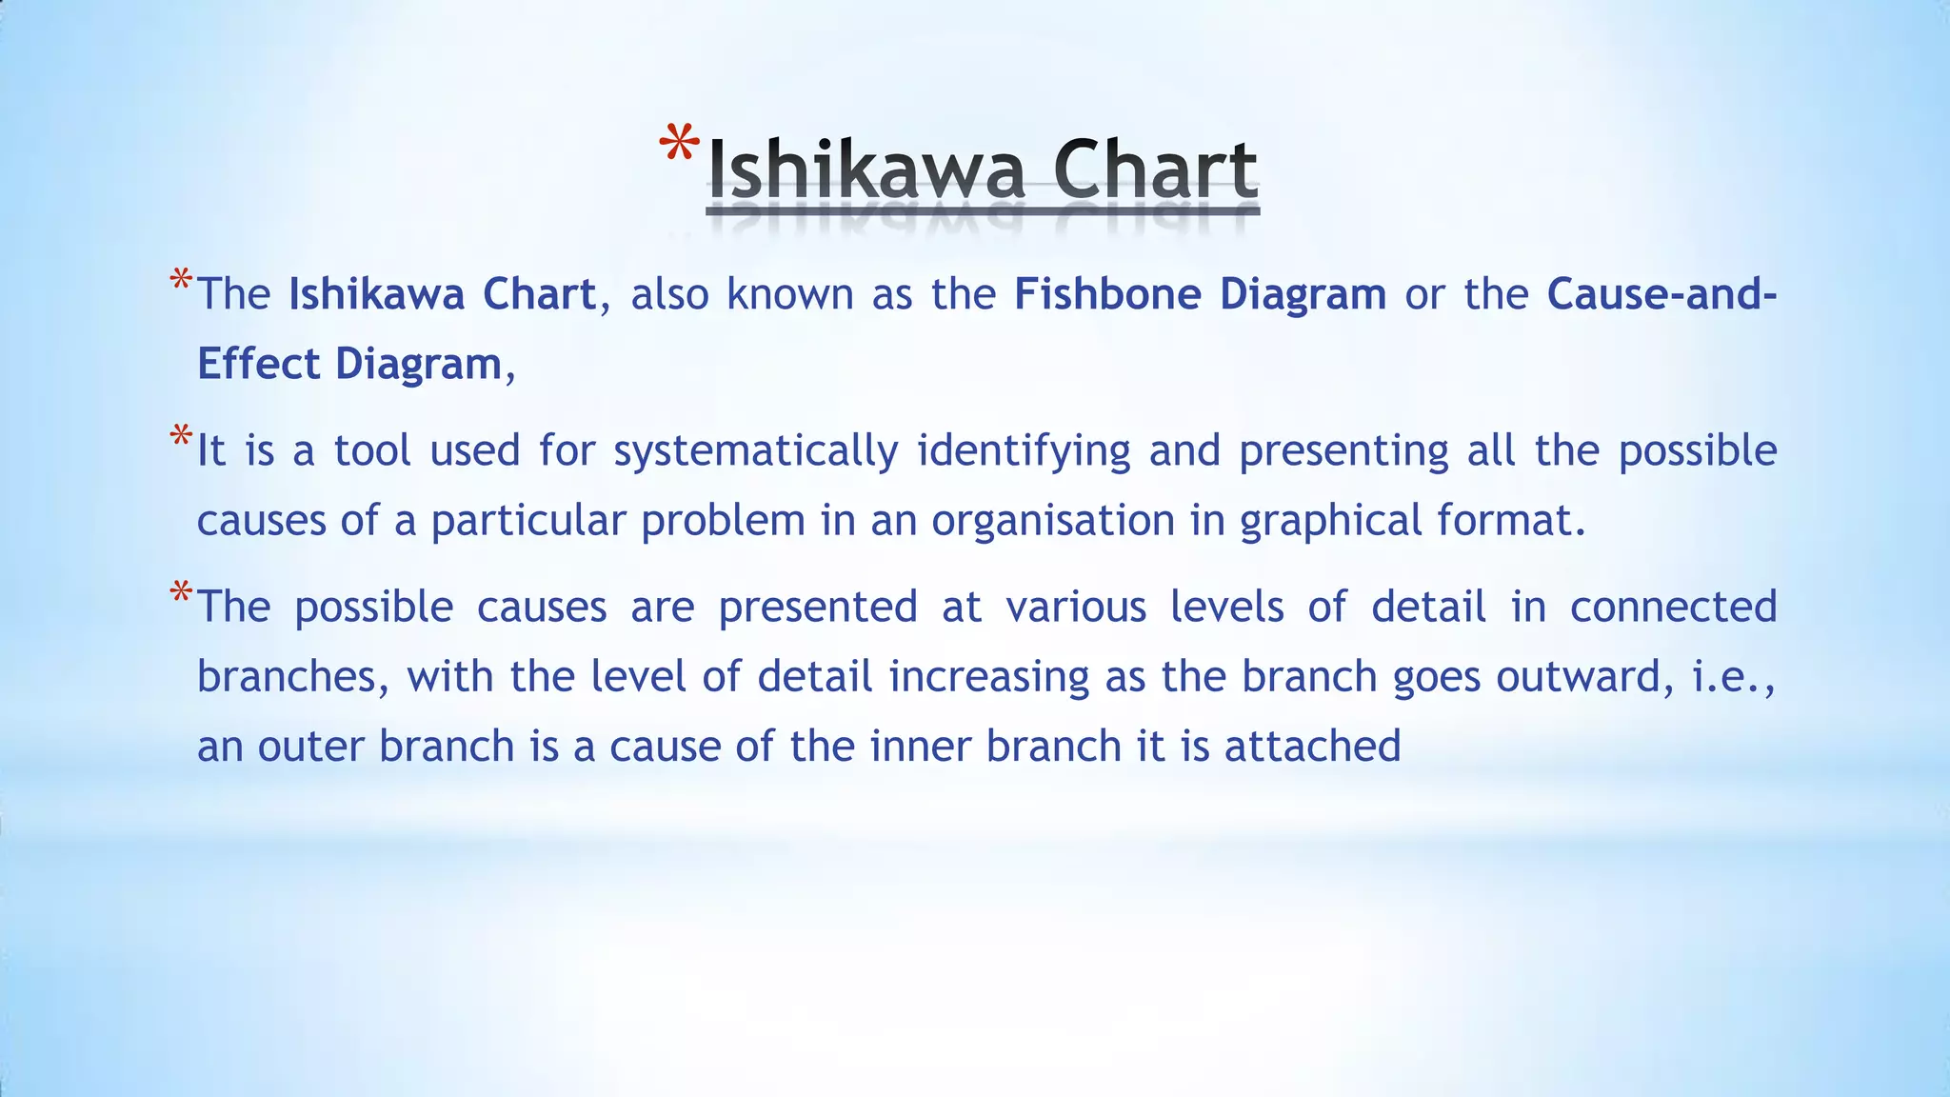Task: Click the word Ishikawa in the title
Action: pos(866,170)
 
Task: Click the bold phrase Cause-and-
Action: pos(1661,293)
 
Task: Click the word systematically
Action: pos(756,451)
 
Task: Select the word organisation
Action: pos(1053,521)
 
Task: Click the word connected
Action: pos(1673,607)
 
